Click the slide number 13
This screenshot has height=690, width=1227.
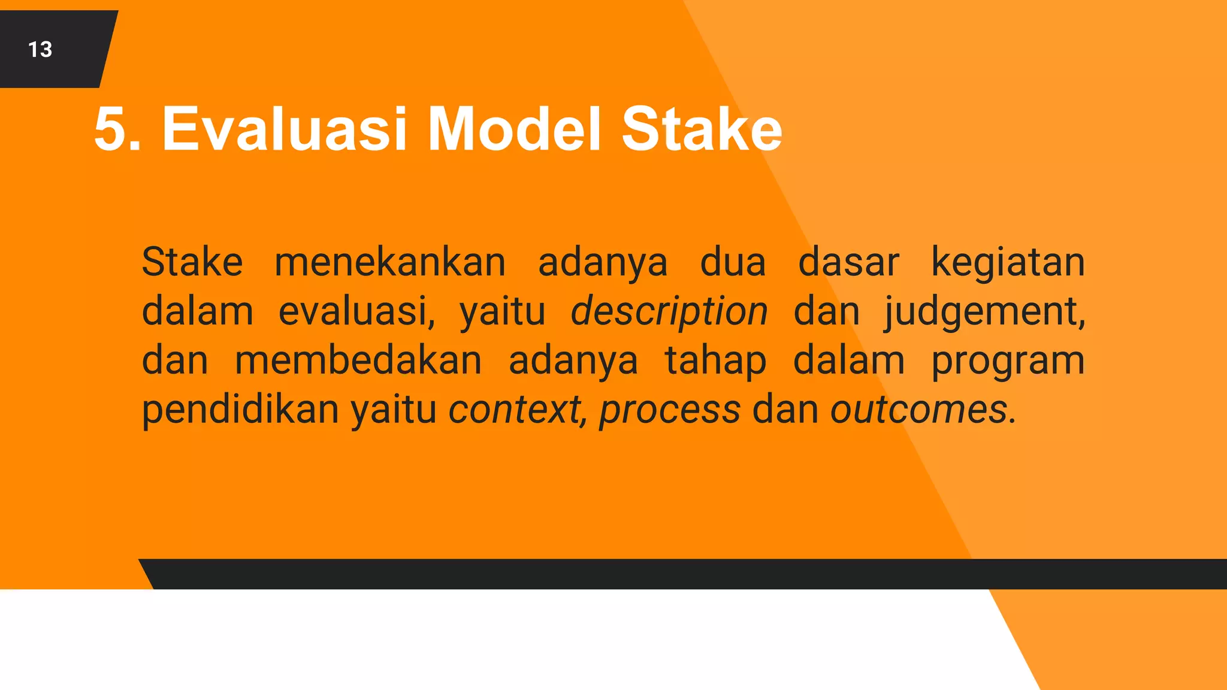(x=40, y=50)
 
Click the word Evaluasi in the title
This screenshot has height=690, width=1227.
(x=285, y=129)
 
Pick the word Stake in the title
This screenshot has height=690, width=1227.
(x=702, y=129)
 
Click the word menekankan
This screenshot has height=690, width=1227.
(x=390, y=262)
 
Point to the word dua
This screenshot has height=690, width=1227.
(x=733, y=262)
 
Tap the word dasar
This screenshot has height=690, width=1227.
(x=848, y=262)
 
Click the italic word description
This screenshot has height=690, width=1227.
(x=669, y=312)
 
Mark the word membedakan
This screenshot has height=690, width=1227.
(x=358, y=361)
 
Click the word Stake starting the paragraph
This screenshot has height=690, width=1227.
(x=192, y=262)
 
